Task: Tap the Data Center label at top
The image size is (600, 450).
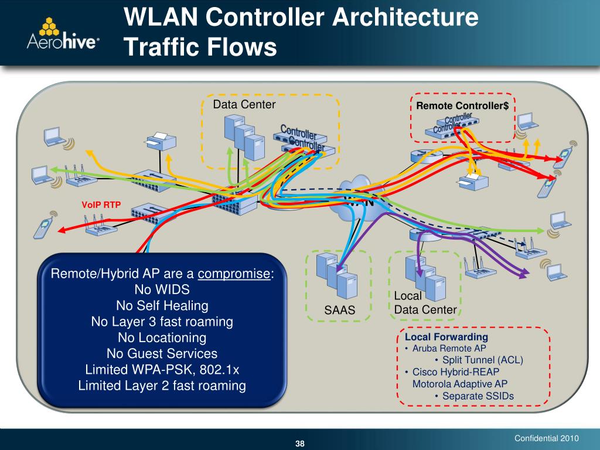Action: [244, 105]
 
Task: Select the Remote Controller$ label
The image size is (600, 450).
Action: [462, 106]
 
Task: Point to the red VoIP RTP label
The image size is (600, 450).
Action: [100, 204]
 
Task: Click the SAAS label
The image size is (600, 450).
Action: [340, 310]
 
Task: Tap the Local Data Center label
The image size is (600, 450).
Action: [425, 303]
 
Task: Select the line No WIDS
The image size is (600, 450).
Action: [162, 289]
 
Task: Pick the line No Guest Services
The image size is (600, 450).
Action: [162, 353]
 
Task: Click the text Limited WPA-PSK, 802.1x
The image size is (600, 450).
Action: [162, 370]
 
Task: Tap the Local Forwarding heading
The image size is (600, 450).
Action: [446, 337]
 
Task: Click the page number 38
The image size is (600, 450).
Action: [300, 442]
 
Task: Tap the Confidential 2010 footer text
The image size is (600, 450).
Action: [546, 438]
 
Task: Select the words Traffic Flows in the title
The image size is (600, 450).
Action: [200, 47]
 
